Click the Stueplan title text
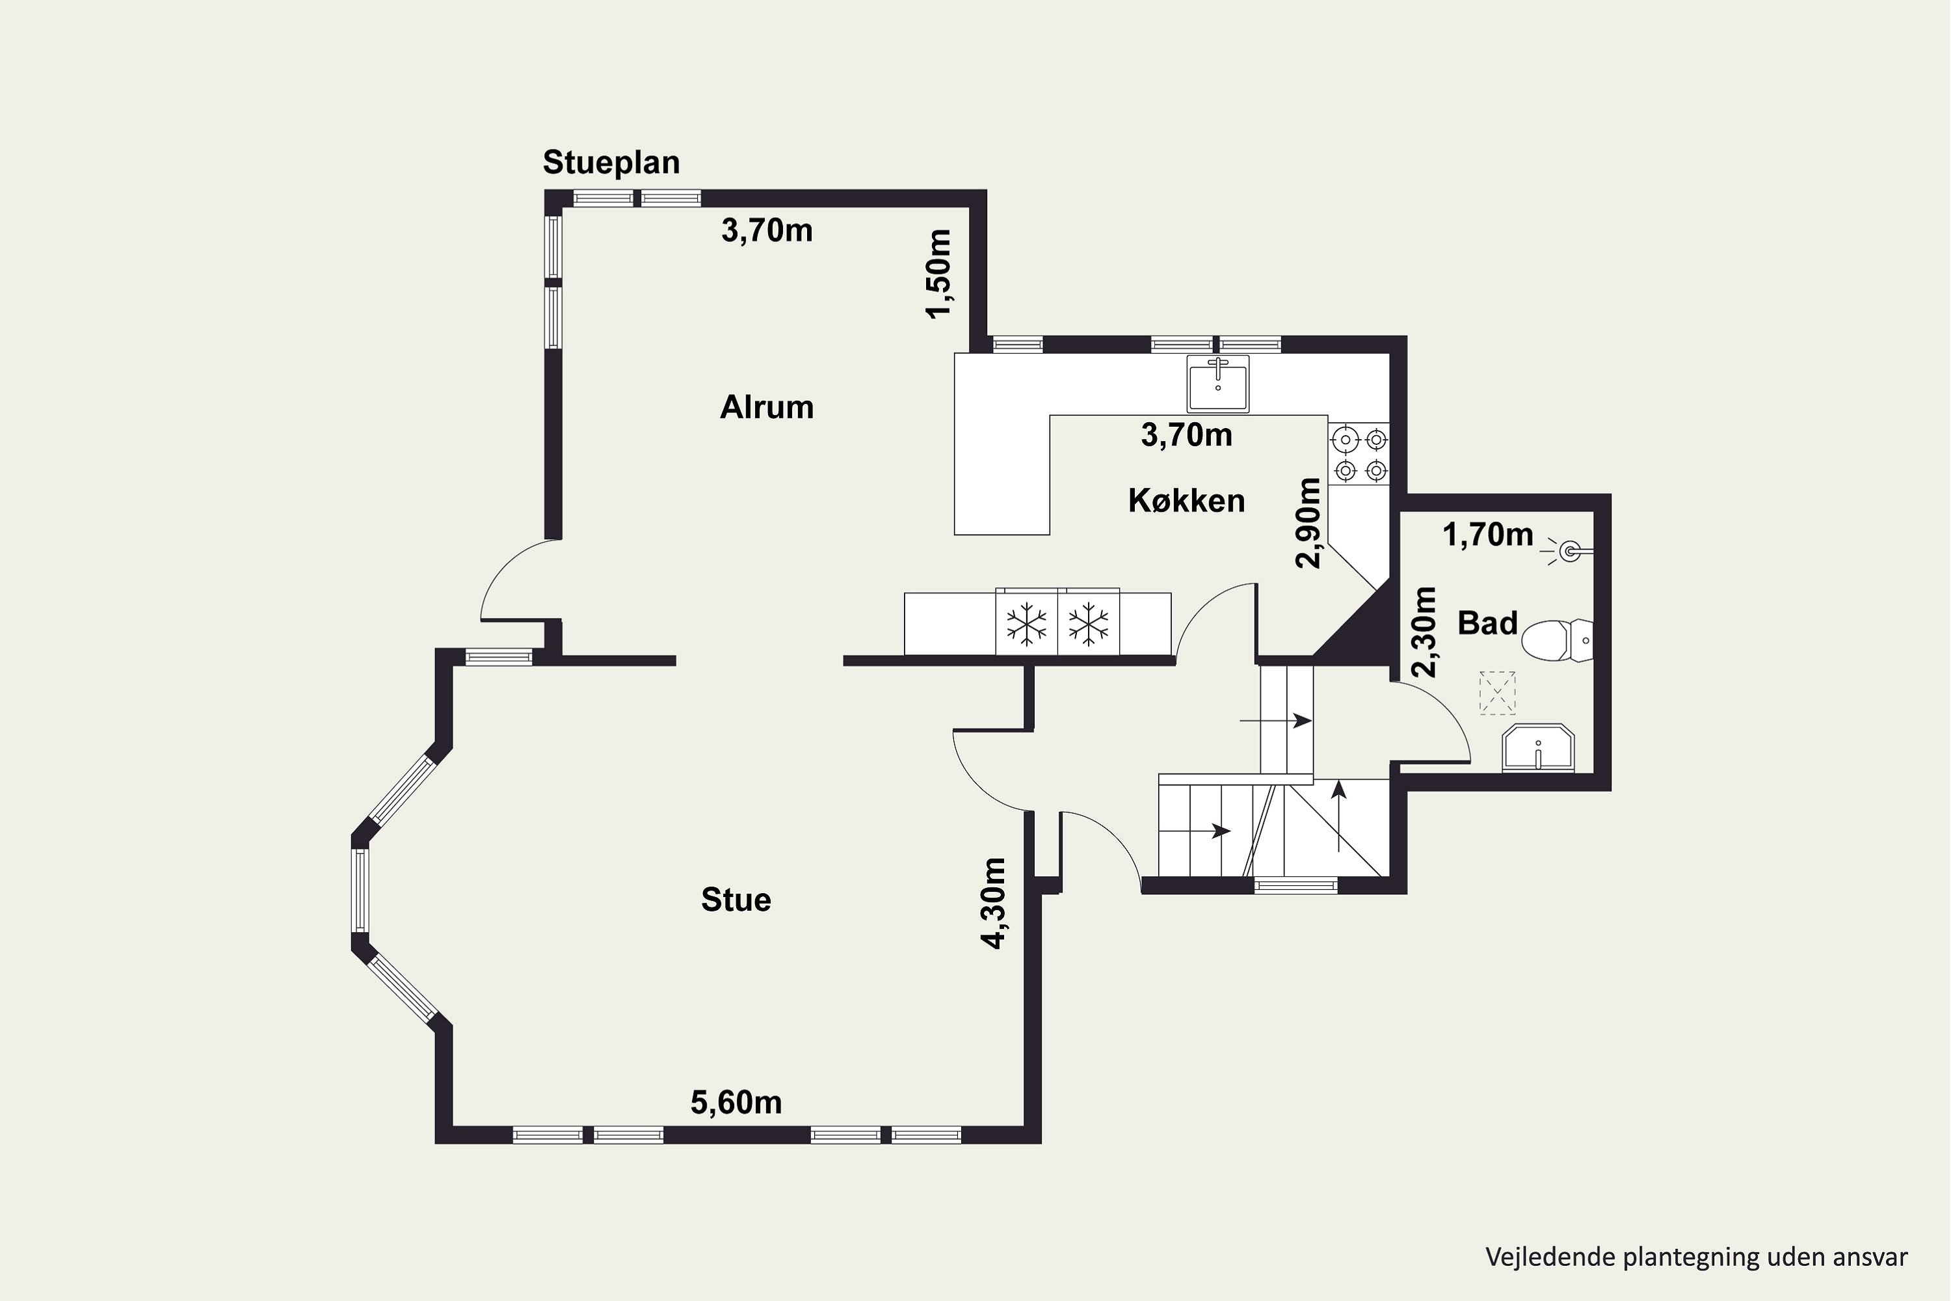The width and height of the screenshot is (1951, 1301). coord(611,163)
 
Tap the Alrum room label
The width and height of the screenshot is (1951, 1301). coord(767,407)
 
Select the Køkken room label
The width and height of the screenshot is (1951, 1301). coord(1186,500)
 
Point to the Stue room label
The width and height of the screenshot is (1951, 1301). coord(736,900)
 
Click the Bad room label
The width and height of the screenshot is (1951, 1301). coord(1487,623)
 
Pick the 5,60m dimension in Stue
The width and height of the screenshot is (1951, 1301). coord(736,1102)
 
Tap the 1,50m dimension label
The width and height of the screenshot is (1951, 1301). coord(938,274)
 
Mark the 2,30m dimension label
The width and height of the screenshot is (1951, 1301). coord(1424,632)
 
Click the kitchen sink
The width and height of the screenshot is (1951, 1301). coord(1217,383)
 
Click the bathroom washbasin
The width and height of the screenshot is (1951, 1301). coord(1538,749)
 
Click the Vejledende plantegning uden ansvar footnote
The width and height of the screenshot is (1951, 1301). coord(1696,1257)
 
